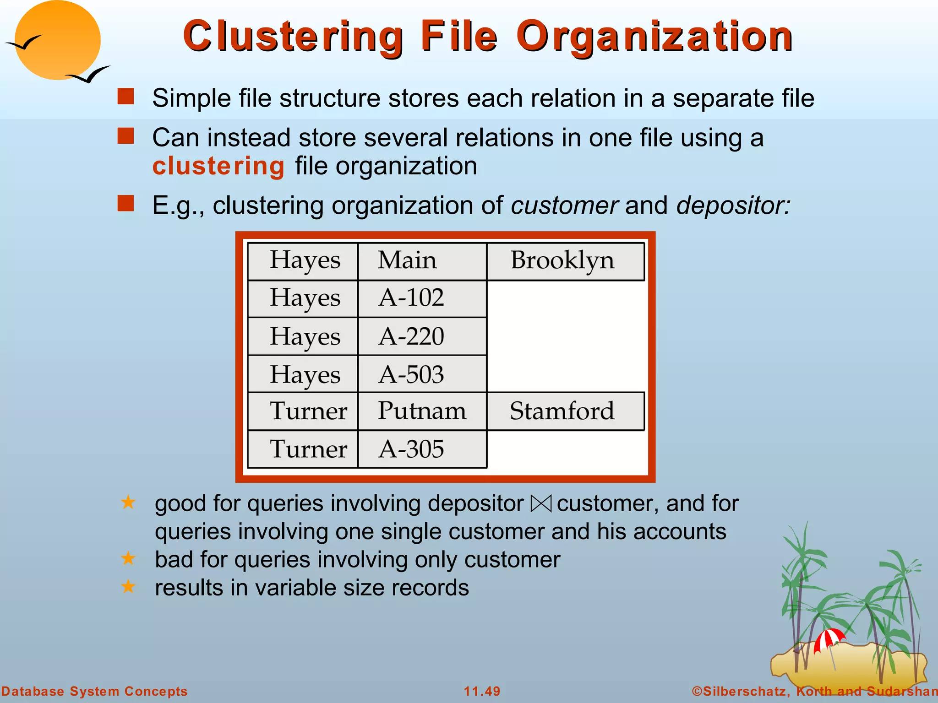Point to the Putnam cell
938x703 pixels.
421,411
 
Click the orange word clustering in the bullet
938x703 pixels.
218,166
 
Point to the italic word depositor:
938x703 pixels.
733,205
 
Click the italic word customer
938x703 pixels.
564,205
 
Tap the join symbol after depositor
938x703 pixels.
541,504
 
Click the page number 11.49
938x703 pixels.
482,691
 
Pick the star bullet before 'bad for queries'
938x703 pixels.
128,558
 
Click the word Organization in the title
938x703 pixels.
654,37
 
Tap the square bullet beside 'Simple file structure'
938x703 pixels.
125,97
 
